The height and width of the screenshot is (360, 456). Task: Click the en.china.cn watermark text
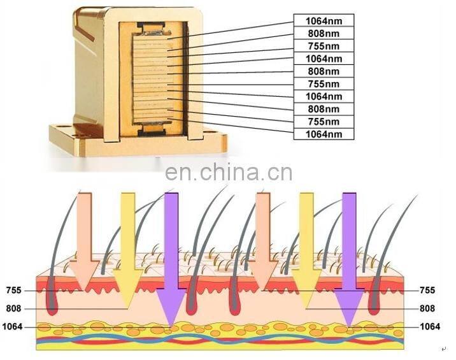(x=228, y=173)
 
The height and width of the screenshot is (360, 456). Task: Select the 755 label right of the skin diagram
(x=428, y=291)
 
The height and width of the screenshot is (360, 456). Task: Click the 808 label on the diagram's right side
(x=428, y=308)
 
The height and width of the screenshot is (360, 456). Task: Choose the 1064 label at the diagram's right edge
(x=430, y=327)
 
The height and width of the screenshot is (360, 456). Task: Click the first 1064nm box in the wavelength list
(x=323, y=20)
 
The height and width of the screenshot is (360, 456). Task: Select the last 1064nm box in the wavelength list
(x=323, y=134)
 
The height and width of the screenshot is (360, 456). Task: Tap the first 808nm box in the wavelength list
(x=323, y=32)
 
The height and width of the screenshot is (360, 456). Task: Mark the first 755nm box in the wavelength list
(x=323, y=45)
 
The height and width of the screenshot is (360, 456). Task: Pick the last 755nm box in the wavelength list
(x=323, y=121)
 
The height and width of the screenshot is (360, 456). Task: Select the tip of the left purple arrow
(x=171, y=322)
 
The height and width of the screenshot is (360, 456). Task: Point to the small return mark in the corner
(x=444, y=349)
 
